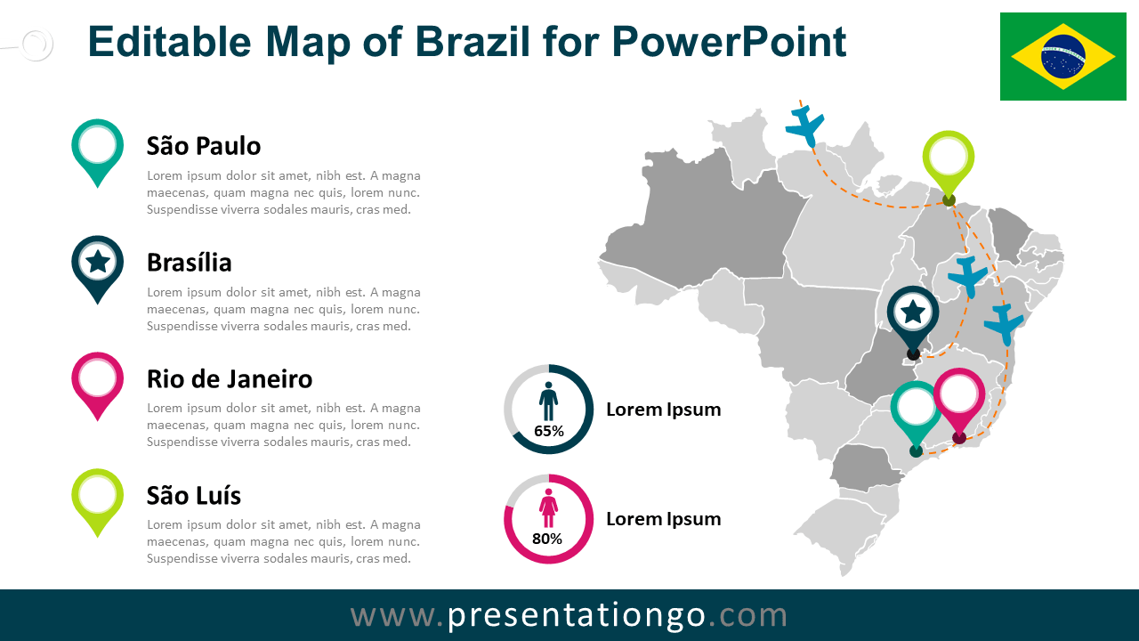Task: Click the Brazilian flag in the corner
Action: tap(1062, 56)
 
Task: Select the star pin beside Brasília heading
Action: tap(97, 264)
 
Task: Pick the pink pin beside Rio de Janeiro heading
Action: tap(97, 380)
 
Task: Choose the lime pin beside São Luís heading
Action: tap(97, 497)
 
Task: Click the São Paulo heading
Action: tap(204, 146)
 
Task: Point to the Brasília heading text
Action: tap(190, 263)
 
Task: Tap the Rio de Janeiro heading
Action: tap(230, 379)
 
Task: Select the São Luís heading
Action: tap(194, 496)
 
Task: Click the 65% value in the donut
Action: tap(549, 432)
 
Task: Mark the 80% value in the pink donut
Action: tap(547, 539)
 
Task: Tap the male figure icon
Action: tap(548, 402)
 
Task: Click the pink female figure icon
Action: tap(548, 509)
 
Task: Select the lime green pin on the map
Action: tap(949, 160)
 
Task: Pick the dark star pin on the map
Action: tap(913, 314)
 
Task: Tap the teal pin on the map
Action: tap(916, 410)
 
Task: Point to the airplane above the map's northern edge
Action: tap(806, 126)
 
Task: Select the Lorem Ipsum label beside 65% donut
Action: tap(663, 410)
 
